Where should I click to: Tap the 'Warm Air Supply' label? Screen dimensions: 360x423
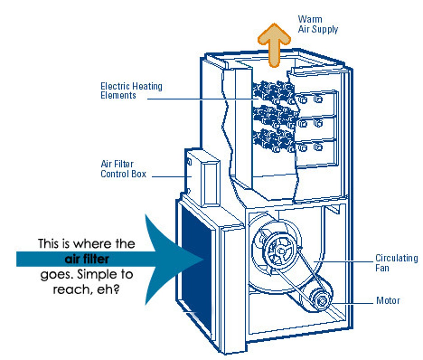pyautogui.click(x=318, y=24)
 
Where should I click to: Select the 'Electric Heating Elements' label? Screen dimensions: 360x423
pyautogui.click(x=131, y=91)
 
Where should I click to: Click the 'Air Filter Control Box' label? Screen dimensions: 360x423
pyautogui.click(x=123, y=169)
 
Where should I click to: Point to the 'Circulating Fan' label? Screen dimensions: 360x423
pyautogui.click(x=396, y=263)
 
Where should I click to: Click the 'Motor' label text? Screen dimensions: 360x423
pyautogui.click(x=388, y=300)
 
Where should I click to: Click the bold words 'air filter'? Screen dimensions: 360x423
pyautogui.click(x=87, y=259)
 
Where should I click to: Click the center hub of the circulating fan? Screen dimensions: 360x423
pyautogui.click(x=280, y=250)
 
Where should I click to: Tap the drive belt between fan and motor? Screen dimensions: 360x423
pyautogui.click(x=309, y=270)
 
